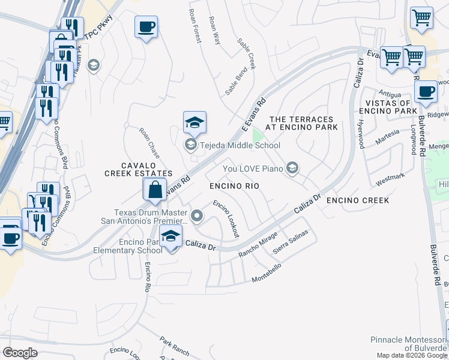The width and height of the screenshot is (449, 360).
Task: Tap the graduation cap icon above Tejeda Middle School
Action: click(x=194, y=123)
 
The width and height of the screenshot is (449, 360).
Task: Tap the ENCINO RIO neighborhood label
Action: click(x=234, y=187)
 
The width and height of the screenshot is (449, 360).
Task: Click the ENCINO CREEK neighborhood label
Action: click(x=358, y=200)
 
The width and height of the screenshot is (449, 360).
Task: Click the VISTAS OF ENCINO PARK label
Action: click(x=387, y=107)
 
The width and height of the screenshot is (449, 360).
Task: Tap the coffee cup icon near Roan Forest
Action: click(x=146, y=27)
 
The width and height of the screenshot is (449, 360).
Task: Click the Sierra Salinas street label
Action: click(x=291, y=241)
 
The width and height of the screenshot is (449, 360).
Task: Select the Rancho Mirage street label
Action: click(x=258, y=245)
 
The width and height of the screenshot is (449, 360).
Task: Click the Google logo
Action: click(x=20, y=353)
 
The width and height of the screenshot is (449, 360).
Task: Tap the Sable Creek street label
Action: click(x=246, y=53)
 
